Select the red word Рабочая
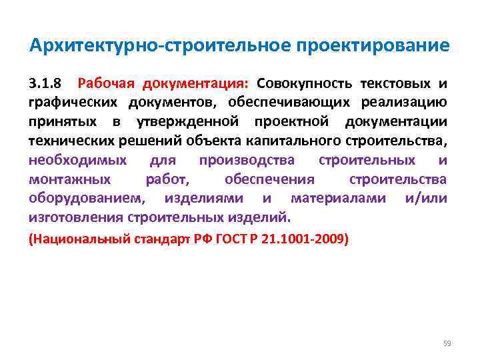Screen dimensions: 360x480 (104, 84)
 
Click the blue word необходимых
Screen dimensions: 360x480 (77, 161)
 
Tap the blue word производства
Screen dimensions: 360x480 (247, 161)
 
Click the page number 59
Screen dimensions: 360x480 (447, 343)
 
